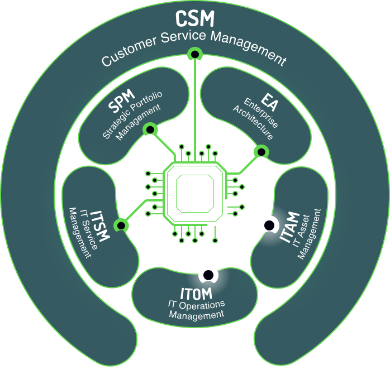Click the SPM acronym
pyautogui.click(x=122, y=102)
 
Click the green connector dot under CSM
pyautogui.click(x=194, y=54)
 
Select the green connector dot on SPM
pyautogui.click(x=149, y=129)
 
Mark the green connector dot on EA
pyautogui.click(x=260, y=151)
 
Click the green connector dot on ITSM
pyautogui.click(x=121, y=225)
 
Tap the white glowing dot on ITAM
pyautogui.click(x=269, y=225)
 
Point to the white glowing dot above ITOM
pyautogui.click(x=207, y=275)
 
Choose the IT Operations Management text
pyautogui.click(x=196, y=309)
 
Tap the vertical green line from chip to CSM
pyautogui.click(x=194, y=100)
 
